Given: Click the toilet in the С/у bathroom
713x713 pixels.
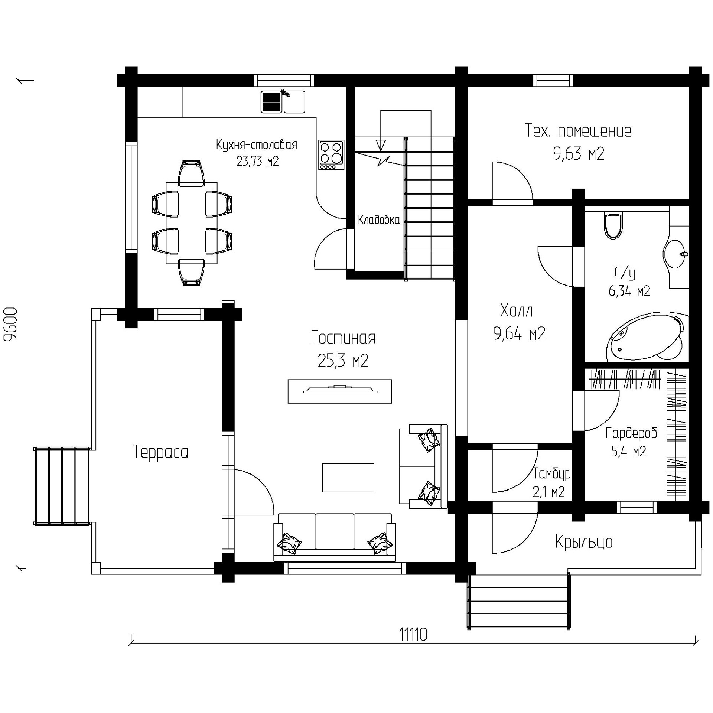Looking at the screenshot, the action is (x=613, y=225).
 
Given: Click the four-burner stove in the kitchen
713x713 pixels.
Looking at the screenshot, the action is (x=331, y=155).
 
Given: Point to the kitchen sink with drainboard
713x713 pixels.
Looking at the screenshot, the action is (x=283, y=102).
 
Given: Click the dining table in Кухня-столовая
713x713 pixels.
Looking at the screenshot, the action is (x=192, y=223).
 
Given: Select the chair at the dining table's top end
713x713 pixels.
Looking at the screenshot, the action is (x=191, y=173).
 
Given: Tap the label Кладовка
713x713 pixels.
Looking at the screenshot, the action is (x=379, y=220).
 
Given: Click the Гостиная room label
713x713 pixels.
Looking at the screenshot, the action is (x=343, y=338).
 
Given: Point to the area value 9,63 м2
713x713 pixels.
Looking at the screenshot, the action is (x=579, y=153).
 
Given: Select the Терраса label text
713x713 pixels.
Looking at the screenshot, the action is (x=161, y=452).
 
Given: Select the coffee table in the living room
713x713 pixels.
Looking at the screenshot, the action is (x=348, y=478).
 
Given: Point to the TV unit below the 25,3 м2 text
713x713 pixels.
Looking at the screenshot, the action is (x=340, y=391).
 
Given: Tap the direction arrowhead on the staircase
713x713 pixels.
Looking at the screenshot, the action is (x=381, y=145).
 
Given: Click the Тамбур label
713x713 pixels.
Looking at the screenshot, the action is (x=552, y=474).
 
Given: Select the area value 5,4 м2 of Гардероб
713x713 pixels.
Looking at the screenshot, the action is (x=629, y=452).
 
